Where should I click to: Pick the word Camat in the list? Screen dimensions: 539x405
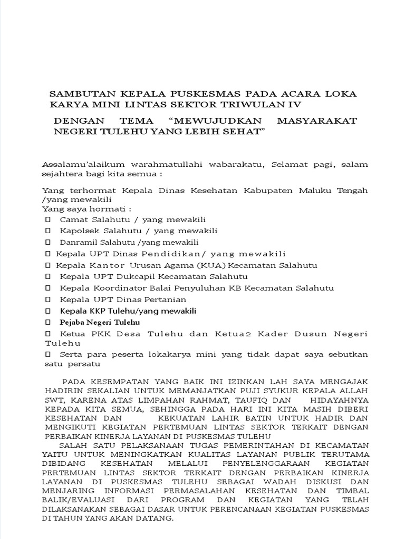[x=72, y=219]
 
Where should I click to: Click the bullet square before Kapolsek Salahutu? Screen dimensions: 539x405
[x=48, y=231]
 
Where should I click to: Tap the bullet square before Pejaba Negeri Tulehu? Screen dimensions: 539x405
[x=48, y=322]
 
